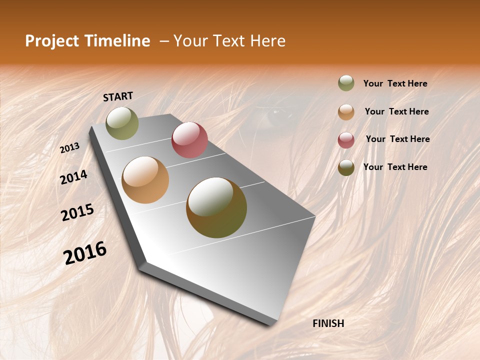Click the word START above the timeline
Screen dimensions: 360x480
click(118, 96)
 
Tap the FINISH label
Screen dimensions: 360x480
click(328, 323)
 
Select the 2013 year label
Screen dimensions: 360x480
click(69, 148)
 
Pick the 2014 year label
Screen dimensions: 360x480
click(73, 177)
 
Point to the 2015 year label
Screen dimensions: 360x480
click(77, 212)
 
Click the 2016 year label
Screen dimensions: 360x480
click(85, 253)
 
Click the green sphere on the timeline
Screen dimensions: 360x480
click(122, 123)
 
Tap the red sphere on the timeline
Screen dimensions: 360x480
click(189, 140)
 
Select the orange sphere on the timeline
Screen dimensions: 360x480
click(145, 180)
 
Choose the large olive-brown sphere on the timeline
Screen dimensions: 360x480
click(216, 207)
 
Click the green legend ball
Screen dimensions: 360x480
click(346, 83)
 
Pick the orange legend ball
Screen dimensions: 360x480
click(346, 112)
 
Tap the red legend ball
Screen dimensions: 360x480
click(346, 139)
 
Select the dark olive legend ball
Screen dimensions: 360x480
click(346, 167)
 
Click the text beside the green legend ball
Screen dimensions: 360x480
click(395, 84)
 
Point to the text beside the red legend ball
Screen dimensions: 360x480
click(397, 139)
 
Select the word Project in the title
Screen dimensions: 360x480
click(51, 41)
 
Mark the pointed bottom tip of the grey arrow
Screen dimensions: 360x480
click(270, 325)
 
